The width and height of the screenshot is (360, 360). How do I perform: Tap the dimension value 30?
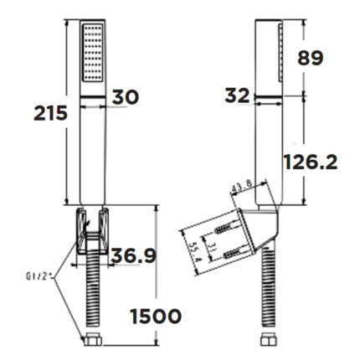point(126,97)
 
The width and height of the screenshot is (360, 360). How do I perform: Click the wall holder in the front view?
point(92,230)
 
